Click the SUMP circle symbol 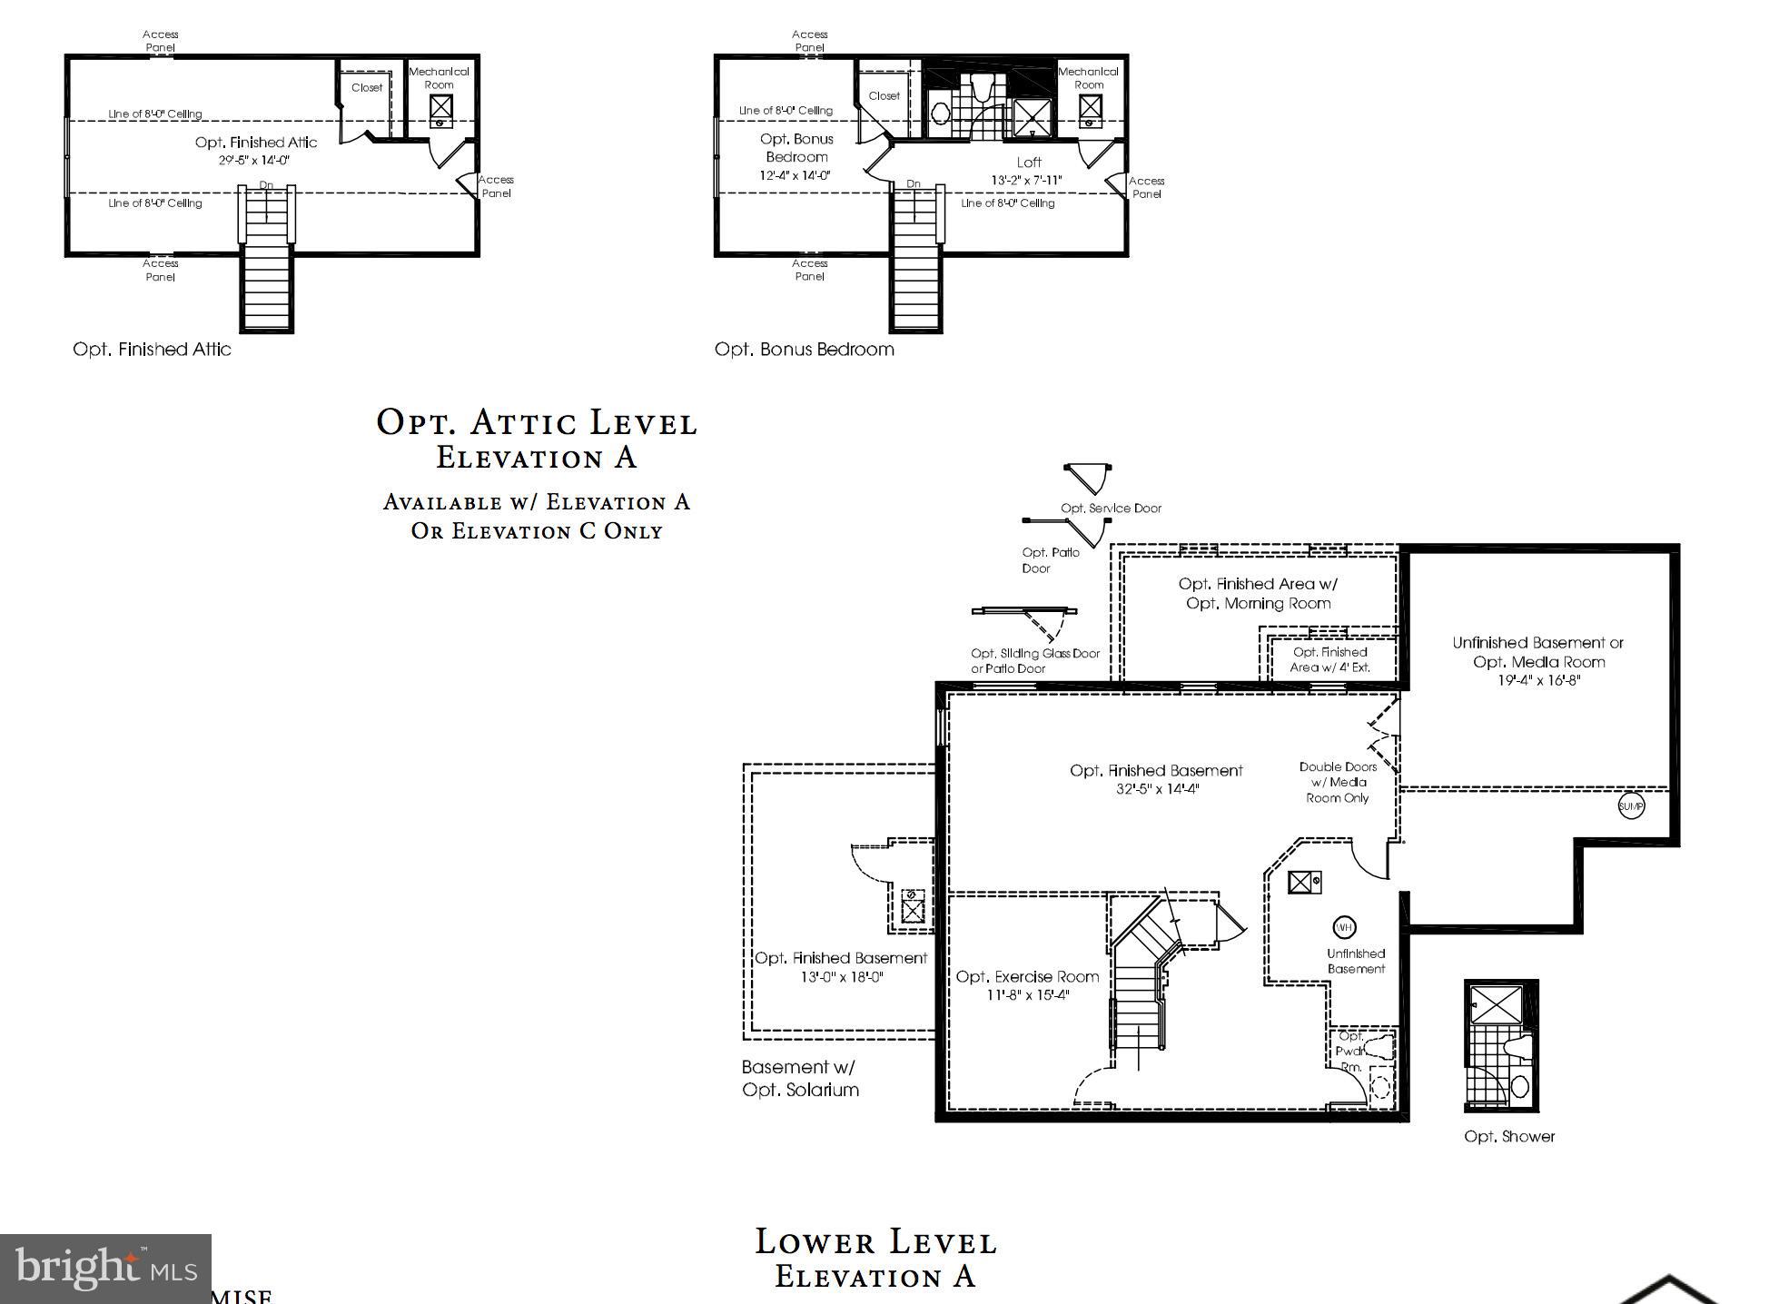tap(1631, 805)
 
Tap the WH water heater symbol tap(1344, 927)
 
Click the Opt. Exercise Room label tap(1027, 977)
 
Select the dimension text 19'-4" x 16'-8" tap(1538, 680)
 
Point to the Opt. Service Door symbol tap(1087, 479)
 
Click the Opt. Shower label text tap(1509, 1136)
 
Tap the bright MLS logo tap(105, 1269)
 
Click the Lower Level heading tap(875, 1241)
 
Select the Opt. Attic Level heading tap(537, 422)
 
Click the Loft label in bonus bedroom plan tap(1029, 163)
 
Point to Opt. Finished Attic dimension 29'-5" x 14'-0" tap(254, 160)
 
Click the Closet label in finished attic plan tap(367, 88)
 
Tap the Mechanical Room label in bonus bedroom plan tap(1088, 78)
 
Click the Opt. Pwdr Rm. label tap(1350, 1052)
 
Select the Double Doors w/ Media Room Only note tap(1338, 782)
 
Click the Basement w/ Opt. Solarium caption tap(800, 1078)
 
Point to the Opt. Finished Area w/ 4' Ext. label tap(1329, 659)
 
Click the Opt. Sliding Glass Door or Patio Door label tap(1034, 660)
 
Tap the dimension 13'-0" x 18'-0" tap(842, 977)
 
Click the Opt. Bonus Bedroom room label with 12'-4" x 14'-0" tap(796, 156)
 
